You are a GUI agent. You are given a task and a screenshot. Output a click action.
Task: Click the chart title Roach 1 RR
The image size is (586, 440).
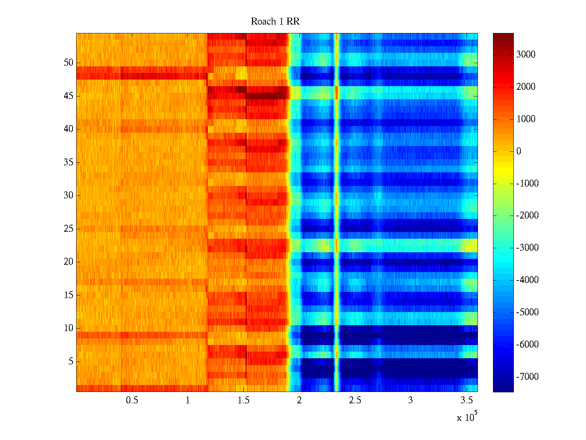coord(275,22)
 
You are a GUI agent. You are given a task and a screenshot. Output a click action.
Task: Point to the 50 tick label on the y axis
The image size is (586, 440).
coord(68,63)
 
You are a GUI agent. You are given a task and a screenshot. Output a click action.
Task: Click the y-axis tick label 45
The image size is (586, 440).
coord(68,96)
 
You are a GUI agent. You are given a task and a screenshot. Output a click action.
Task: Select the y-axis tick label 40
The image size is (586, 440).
coord(68,129)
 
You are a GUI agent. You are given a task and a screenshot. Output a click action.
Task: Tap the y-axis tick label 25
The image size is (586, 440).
coord(68,229)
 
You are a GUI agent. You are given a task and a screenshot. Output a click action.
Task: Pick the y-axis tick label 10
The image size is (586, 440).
coord(68,328)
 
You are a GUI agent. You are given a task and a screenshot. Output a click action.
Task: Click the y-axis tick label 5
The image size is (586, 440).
coord(71,362)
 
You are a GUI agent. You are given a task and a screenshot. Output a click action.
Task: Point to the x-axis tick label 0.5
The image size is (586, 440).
coord(132,400)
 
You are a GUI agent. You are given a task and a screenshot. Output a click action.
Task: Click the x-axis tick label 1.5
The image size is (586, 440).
coord(243,400)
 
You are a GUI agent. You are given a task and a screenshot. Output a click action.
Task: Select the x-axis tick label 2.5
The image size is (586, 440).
coord(355,400)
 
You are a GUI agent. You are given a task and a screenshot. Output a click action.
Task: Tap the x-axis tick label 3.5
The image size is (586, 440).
coord(466,400)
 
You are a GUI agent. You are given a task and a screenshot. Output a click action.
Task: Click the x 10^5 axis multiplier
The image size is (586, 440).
coord(467,417)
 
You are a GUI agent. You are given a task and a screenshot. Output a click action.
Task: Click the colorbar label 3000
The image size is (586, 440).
coord(526,55)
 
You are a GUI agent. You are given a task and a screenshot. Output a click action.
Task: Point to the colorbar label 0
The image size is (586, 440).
coord(519,151)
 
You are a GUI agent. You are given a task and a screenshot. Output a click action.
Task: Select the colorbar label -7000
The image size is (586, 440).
coord(527,377)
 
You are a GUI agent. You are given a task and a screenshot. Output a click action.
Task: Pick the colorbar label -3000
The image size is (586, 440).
coord(527,248)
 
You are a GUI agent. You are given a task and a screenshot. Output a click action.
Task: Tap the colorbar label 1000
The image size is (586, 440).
coord(526,119)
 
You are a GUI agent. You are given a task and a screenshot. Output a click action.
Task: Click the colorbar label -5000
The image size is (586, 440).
coord(527,312)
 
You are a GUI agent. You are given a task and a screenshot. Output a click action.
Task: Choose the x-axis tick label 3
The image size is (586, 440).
coord(410,400)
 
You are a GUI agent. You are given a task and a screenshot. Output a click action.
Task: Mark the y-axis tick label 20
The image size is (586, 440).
coord(68,262)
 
